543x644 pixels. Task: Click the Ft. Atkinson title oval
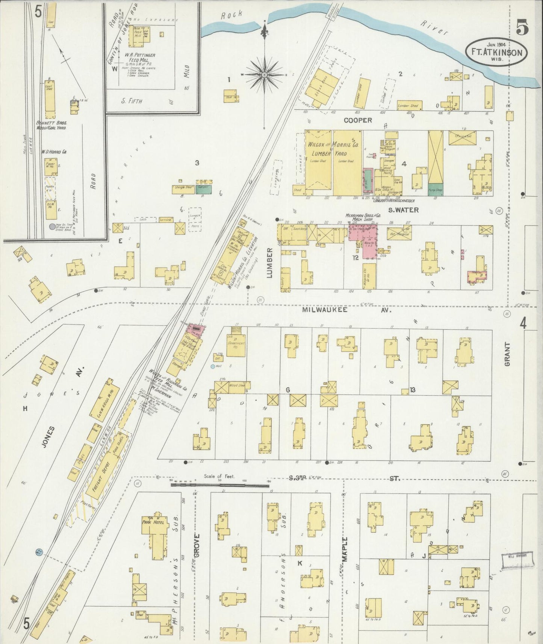click(496, 52)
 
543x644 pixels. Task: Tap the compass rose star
click(265, 75)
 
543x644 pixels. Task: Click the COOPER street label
click(357, 120)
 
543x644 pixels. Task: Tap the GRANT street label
click(508, 354)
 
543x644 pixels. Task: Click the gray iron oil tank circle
click(52, 226)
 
